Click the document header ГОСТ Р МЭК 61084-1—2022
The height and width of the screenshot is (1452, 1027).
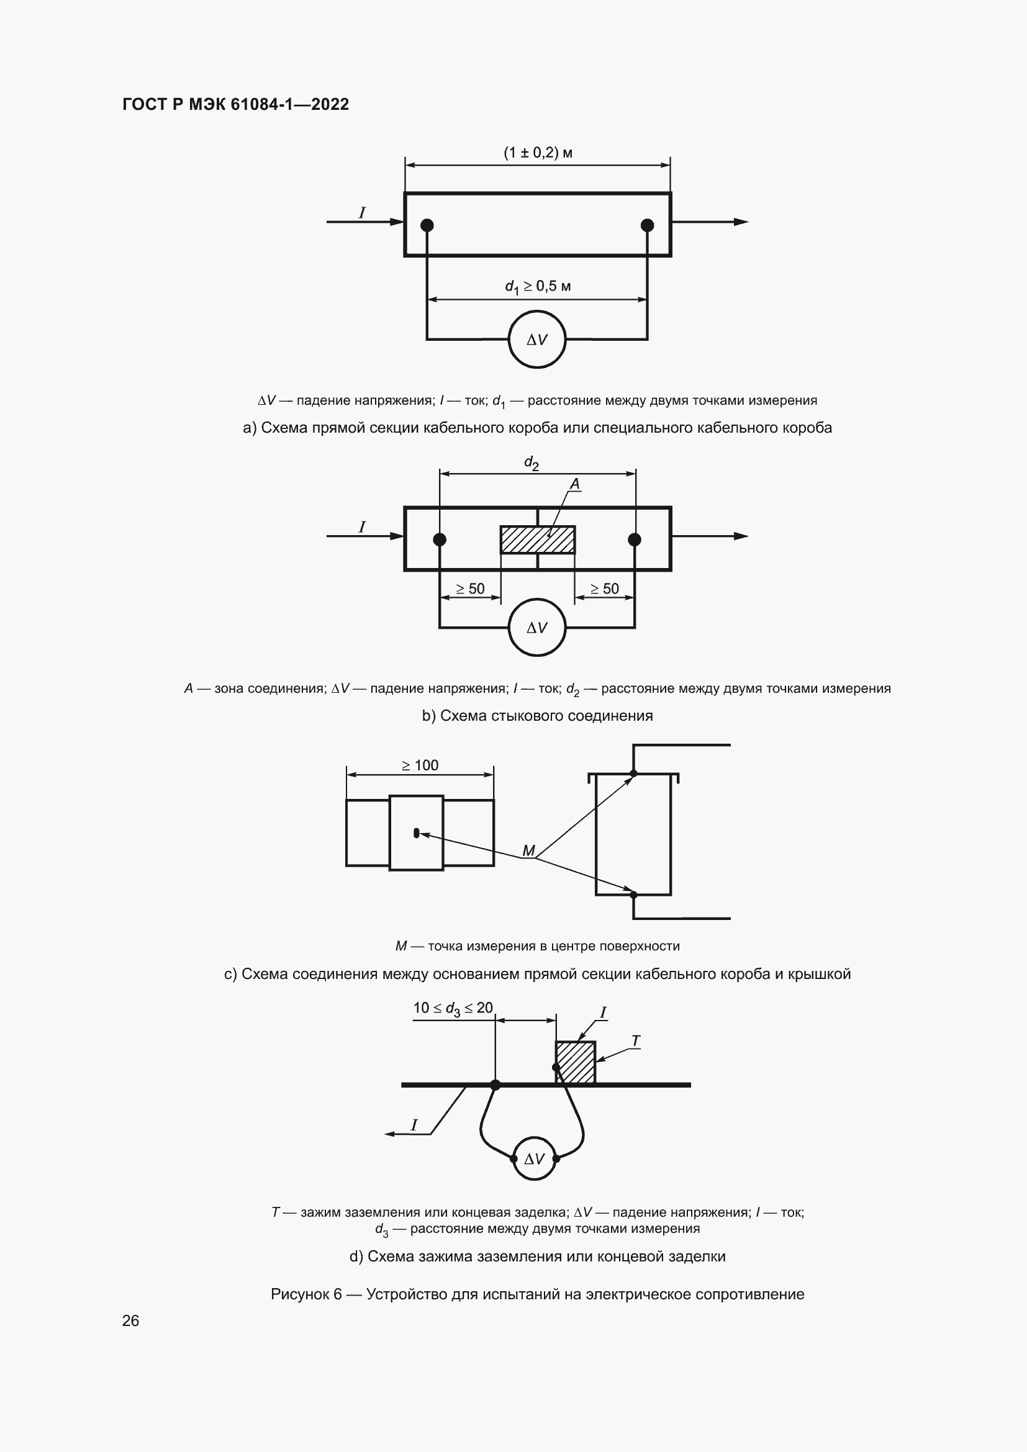[235, 104]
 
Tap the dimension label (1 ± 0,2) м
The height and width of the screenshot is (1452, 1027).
[538, 153]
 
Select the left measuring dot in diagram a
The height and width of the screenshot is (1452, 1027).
[427, 225]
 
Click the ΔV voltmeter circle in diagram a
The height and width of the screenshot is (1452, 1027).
[537, 340]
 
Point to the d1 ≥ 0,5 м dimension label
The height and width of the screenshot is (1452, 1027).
[538, 286]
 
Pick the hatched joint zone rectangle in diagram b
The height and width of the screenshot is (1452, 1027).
[538, 539]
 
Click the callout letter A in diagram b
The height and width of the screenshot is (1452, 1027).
[575, 484]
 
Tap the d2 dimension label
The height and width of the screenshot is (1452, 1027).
[532, 463]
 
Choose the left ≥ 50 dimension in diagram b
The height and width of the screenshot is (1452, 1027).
[471, 588]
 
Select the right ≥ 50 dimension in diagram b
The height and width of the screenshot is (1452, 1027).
[605, 588]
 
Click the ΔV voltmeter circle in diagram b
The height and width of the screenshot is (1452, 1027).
[537, 628]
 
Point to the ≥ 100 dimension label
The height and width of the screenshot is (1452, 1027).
[420, 765]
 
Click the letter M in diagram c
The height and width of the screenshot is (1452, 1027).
[528, 850]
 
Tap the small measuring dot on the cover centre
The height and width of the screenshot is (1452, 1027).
[416, 833]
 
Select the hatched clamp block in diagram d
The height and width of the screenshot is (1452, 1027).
[576, 1062]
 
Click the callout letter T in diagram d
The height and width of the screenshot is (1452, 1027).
[636, 1041]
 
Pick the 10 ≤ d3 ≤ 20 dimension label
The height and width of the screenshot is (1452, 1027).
[453, 1009]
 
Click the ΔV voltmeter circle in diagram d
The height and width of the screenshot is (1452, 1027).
[535, 1158]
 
